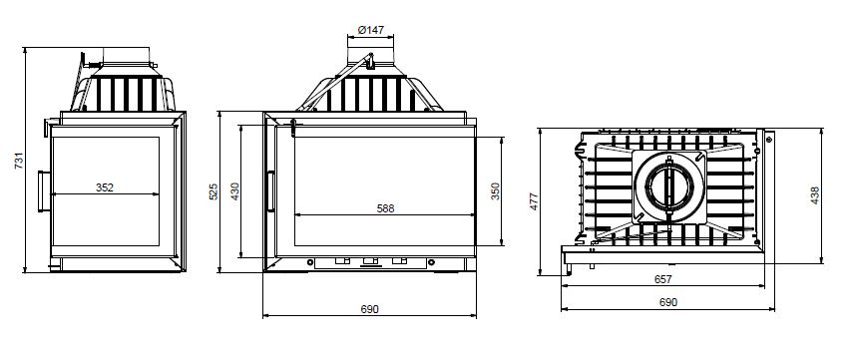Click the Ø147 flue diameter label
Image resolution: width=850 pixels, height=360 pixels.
pos(371,30)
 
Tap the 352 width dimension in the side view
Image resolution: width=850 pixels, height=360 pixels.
pos(105,187)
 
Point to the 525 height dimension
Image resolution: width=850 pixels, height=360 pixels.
pos(213,191)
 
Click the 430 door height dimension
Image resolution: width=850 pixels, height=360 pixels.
pos(235,191)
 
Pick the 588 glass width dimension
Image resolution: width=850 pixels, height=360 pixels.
pos(385,208)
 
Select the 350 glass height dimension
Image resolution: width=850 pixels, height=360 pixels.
pos(496,191)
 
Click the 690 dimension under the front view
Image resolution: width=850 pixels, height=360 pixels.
pos(370,309)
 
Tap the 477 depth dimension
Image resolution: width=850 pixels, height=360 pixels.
pos(534,201)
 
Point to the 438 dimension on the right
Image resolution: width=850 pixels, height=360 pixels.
pos(815,195)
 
